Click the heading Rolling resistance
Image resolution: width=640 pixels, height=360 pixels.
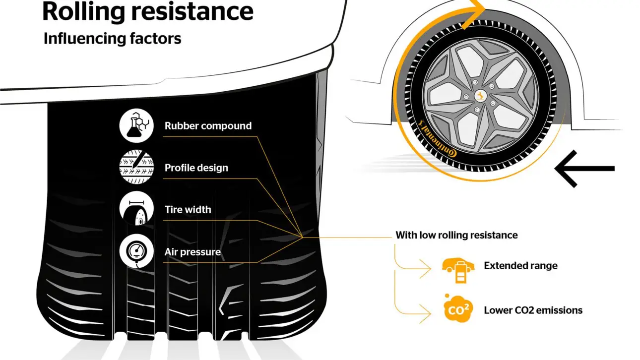click(x=147, y=12)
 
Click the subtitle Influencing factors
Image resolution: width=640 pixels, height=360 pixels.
click(x=112, y=38)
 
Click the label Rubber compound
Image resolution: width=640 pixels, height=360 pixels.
click(x=208, y=125)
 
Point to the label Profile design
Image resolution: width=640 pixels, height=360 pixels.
click(x=196, y=168)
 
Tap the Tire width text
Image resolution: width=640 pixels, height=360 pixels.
click(x=188, y=209)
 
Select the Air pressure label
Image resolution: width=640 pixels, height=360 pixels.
click(x=192, y=252)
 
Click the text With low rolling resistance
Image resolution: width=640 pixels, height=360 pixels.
click(x=456, y=235)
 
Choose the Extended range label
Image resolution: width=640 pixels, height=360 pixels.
click(x=520, y=266)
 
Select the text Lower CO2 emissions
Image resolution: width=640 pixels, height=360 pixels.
click(x=533, y=310)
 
